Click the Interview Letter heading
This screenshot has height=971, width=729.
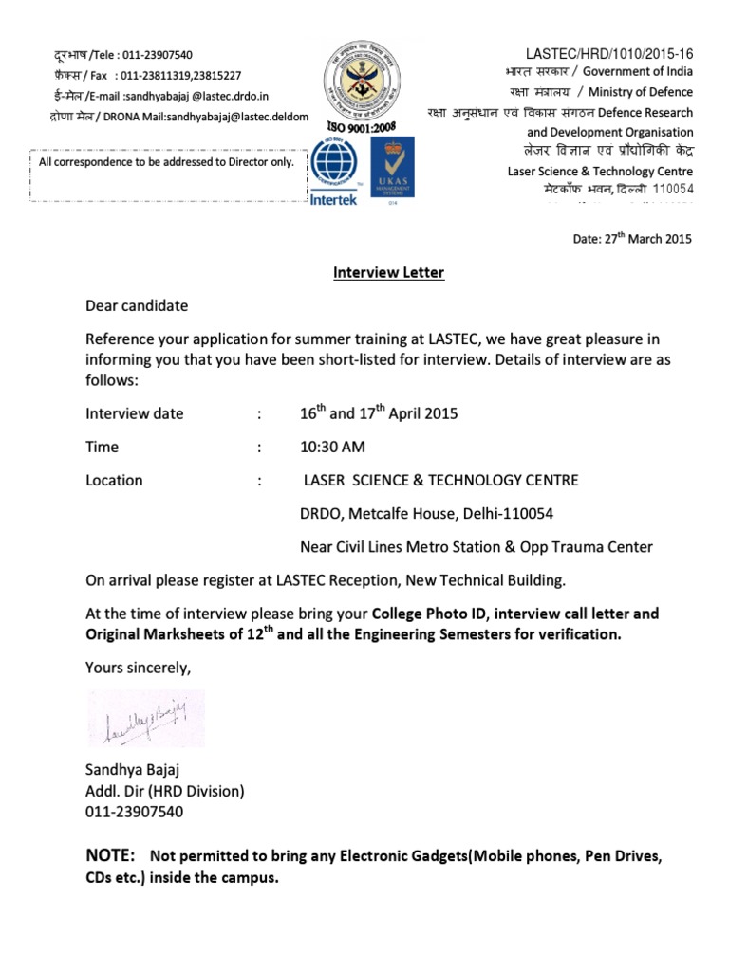(x=388, y=273)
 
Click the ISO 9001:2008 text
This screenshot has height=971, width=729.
(x=359, y=127)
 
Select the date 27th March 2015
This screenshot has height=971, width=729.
(x=632, y=239)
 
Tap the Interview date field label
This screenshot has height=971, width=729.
(x=135, y=413)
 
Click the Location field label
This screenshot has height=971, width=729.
(x=114, y=480)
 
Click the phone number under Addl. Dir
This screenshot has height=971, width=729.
(x=135, y=812)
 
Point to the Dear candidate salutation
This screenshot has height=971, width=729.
(x=137, y=306)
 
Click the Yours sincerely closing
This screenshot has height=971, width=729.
(x=139, y=668)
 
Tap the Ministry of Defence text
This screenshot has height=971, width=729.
(x=640, y=92)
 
